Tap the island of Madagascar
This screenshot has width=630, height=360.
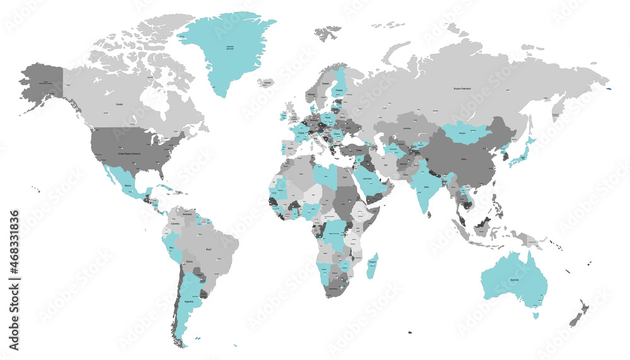[372, 264]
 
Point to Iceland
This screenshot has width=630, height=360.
[267, 83]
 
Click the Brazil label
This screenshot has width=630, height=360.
[209, 249]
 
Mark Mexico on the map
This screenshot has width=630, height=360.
[128, 187]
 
